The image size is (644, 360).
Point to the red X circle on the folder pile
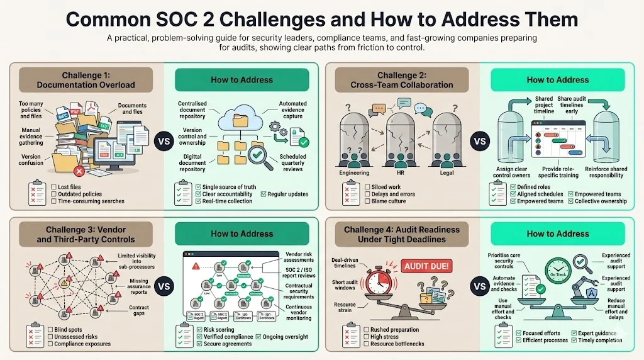click(79, 171)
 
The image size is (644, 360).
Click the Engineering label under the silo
click(354, 172)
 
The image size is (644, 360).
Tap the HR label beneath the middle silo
click(401, 172)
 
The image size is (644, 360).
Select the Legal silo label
click(446, 172)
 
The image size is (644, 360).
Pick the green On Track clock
click(558, 269)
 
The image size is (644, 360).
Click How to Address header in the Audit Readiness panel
click(557, 233)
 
